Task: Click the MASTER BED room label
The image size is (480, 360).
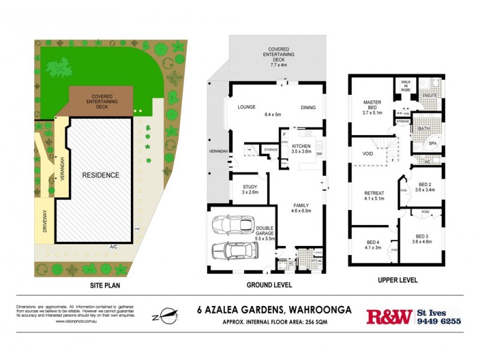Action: [373, 103]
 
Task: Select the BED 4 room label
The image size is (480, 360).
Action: [373, 242]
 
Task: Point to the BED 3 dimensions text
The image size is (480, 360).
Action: [422, 241]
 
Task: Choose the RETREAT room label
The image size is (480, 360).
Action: [374, 193]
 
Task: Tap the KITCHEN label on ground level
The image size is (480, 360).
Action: [301, 146]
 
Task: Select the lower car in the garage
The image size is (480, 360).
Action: [230, 250]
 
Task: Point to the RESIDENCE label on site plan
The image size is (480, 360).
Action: [101, 175]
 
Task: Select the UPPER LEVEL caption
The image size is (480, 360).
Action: [398, 280]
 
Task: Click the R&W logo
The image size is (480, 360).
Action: [389, 316]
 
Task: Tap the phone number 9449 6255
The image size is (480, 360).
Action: [439, 321]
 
